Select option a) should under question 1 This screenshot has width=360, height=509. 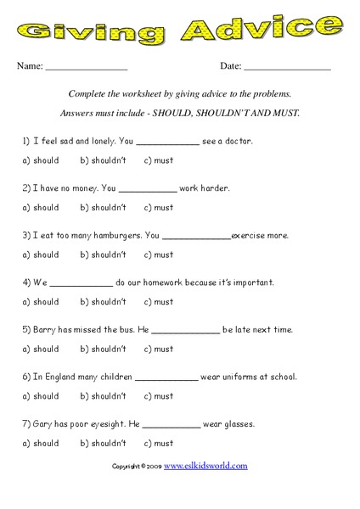tap(41, 159)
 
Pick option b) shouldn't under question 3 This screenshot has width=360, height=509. tap(103, 255)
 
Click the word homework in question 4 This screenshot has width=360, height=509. tap(176, 282)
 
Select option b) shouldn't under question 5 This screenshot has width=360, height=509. tap(103, 349)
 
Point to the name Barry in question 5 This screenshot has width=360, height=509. tap(46, 329)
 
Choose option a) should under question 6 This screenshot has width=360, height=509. tap(41, 395)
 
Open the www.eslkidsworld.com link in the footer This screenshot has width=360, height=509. tap(205, 466)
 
